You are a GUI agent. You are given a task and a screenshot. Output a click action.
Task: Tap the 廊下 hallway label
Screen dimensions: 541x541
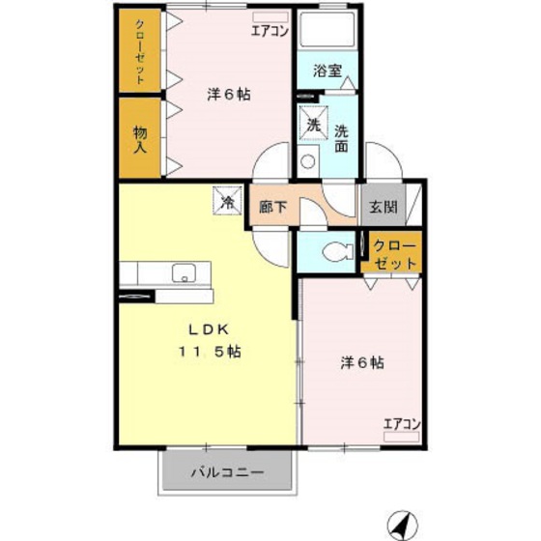272,206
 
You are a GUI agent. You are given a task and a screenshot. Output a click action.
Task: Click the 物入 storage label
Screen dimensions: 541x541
139,138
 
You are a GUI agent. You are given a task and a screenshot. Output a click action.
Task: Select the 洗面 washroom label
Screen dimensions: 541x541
341,139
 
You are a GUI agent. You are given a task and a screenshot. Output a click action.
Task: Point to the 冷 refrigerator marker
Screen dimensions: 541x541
228,202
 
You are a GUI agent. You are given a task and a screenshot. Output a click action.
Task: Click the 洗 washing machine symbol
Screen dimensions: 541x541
313,124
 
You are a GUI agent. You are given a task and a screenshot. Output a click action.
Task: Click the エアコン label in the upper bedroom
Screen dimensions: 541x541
270,31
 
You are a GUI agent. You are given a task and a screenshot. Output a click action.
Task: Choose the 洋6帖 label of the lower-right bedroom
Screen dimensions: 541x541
362,363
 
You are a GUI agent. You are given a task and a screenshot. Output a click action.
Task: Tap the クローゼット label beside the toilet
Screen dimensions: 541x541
396,254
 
